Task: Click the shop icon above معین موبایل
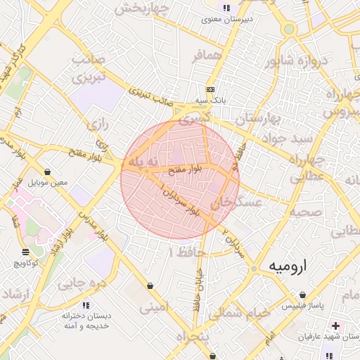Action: tap(47, 172)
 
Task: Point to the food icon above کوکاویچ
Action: tap(26, 251)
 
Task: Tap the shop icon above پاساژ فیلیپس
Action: tap(302, 295)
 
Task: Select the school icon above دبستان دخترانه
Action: tap(86, 305)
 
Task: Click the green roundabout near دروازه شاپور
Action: tap(288, 30)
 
